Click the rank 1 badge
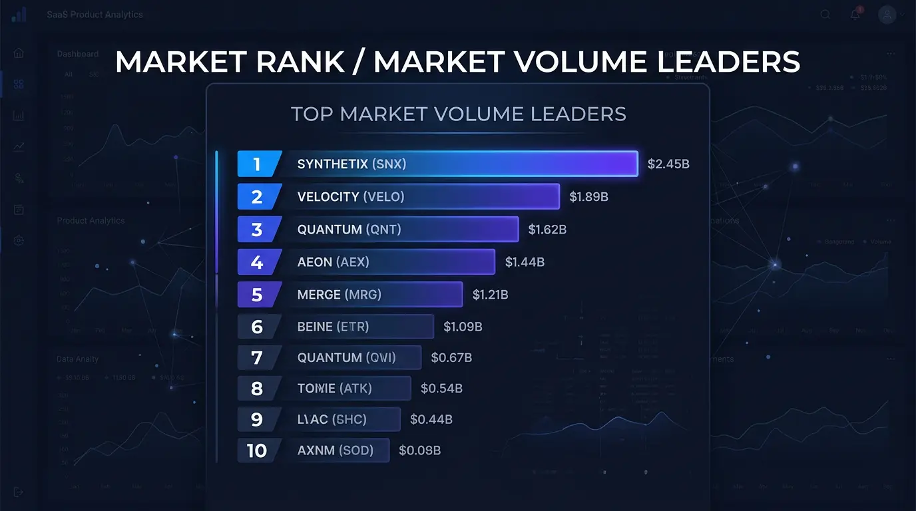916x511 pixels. (258, 164)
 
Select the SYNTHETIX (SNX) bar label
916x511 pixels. (351, 164)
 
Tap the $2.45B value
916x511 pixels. (668, 164)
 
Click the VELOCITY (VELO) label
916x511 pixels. (350, 197)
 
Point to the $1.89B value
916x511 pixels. (588, 197)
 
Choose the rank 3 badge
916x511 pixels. (258, 230)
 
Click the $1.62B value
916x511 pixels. (547, 230)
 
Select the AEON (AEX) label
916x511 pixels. (333, 262)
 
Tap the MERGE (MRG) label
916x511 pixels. (339, 294)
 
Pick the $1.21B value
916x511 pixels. (490, 294)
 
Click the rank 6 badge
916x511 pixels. (258, 327)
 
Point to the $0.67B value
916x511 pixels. (451, 358)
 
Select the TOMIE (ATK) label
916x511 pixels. (334, 389)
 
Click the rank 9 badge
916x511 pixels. (258, 420)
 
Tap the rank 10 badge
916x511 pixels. (257, 451)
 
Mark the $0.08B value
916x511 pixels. (419, 451)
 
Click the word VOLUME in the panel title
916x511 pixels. (479, 114)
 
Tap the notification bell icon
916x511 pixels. (855, 15)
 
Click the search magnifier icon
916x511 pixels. (825, 15)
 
